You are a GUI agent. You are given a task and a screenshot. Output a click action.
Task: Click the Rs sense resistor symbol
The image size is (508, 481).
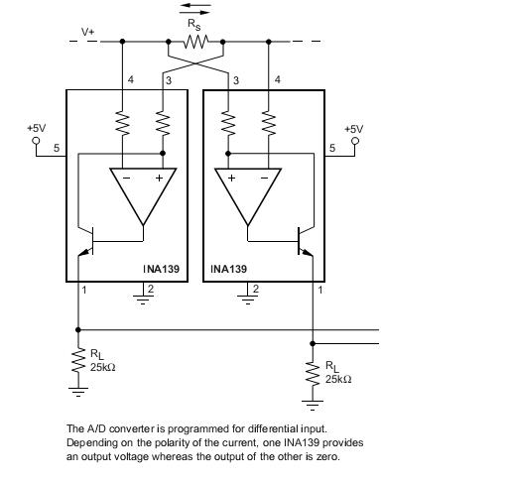click(x=196, y=42)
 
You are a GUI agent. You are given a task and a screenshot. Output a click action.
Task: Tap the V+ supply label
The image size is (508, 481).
click(x=88, y=32)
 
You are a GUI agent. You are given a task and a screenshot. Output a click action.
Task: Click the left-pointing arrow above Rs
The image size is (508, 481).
click(x=195, y=5)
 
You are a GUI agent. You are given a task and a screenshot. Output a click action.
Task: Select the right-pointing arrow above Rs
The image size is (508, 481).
click(x=194, y=13)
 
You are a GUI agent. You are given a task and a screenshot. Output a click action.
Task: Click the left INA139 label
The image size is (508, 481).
click(x=162, y=269)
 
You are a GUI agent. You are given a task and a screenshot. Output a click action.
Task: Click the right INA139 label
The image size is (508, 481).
click(x=229, y=269)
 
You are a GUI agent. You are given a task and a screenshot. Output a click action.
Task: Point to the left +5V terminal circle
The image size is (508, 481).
click(x=36, y=141)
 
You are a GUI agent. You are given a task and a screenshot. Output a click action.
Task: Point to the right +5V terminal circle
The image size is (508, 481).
click(x=355, y=141)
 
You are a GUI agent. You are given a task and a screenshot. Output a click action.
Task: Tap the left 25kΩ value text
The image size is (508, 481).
click(x=103, y=367)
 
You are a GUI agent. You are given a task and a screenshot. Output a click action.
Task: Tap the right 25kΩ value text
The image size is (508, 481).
click(x=338, y=379)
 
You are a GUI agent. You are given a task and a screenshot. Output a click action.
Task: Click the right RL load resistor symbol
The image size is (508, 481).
click(x=313, y=373)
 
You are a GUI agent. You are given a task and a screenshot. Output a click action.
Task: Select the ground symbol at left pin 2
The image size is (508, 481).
click(x=143, y=298)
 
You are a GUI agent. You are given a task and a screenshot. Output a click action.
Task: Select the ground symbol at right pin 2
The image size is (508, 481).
click(x=248, y=298)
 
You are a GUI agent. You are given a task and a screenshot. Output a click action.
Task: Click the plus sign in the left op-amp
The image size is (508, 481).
click(x=160, y=178)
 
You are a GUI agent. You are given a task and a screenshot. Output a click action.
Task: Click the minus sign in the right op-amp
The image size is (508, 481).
click(x=265, y=179)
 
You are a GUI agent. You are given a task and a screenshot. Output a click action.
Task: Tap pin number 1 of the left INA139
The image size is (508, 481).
click(x=84, y=290)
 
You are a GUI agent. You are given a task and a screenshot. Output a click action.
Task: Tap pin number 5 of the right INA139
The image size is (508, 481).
click(x=332, y=148)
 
